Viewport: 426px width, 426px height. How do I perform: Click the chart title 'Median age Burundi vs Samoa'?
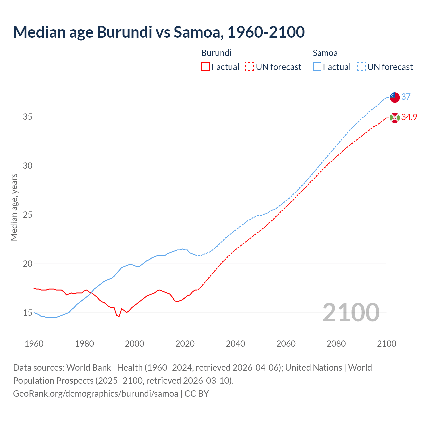coord(159,32)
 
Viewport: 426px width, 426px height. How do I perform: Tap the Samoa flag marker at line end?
coord(395,97)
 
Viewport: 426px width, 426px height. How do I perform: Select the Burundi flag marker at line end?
coord(395,118)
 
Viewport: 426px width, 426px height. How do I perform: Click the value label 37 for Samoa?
coord(406,97)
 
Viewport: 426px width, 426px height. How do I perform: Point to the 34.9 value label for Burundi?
coord(409,117)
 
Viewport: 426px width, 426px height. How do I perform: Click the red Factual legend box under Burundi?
coord(205,67)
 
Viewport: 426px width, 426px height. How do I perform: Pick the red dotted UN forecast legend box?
coord(250,67)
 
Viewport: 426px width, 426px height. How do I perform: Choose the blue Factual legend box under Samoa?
coord(317,67)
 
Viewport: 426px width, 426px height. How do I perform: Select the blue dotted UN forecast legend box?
coord(361,67)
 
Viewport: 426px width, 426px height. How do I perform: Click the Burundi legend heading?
coord(216,53)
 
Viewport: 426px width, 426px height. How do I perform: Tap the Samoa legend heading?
coord(325,53)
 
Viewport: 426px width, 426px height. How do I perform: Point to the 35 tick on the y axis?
coord(27,117)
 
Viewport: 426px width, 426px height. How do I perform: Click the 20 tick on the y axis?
coord(27,264)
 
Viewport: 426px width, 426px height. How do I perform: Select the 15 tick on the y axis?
coord(27,313)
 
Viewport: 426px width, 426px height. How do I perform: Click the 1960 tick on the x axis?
coord(34,344)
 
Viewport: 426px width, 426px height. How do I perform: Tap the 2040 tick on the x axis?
coord(235,344)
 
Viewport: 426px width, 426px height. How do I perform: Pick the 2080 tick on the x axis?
coord(336,344)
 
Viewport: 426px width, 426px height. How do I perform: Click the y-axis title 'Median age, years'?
coord(14,207)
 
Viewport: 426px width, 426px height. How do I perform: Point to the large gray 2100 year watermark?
coord(351,312)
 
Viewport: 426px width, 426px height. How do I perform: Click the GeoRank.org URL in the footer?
coord(96,394)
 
